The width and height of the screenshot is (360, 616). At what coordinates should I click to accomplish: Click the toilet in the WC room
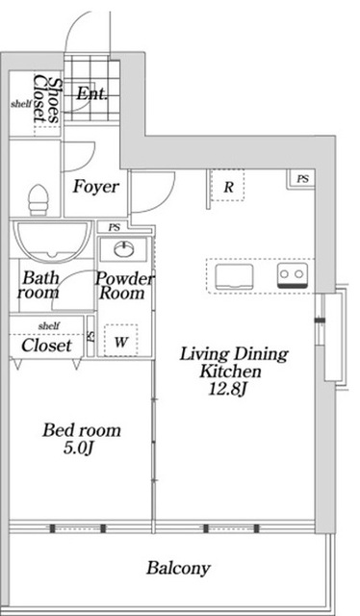(x=39, y=199)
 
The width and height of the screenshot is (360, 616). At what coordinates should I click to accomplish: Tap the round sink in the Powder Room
(x=124, y=248)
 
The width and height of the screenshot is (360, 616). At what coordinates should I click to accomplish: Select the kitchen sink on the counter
(x=234, y=277)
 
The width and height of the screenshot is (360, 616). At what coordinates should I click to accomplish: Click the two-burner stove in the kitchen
(x=293, y=275)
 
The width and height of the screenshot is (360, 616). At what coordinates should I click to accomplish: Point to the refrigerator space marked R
(x=227, y=185)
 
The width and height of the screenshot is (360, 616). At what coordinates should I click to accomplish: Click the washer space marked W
(x=121, y=340)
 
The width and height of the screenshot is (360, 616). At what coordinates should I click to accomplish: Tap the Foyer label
(x=95, y=187)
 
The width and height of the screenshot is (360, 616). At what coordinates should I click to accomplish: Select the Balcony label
(x=178, y=568)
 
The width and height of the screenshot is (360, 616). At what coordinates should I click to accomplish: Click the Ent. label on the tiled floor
(x=91, y=94)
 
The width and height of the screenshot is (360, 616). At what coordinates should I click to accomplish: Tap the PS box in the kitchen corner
(x=302, y=179)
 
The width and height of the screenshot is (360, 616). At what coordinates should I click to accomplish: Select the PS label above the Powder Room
(x=115, y=228)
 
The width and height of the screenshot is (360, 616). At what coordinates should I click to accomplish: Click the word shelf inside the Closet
(x=49, y=325)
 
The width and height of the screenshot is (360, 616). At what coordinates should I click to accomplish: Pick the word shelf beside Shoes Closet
(x=21, y=104)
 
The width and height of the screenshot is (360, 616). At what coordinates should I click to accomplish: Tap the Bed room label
(x=82, y=430)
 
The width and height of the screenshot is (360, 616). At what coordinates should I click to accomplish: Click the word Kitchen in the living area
(x=229, y=372)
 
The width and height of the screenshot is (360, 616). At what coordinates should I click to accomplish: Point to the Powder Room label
(x=124, y=286)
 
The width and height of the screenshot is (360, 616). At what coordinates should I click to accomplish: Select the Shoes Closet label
(x=46, y=98)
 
